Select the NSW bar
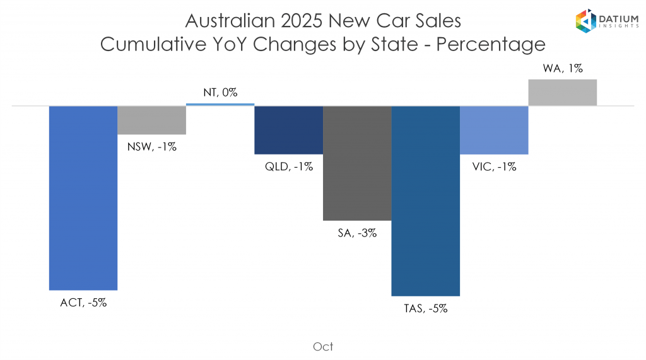152,120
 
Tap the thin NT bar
220,104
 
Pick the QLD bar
288,130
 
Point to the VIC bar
494,130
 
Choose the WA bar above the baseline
563,93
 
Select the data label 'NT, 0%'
220,92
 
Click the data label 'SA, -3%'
357,233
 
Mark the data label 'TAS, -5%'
426,308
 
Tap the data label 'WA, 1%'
563,68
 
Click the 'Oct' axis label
323,346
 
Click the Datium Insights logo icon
586,21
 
